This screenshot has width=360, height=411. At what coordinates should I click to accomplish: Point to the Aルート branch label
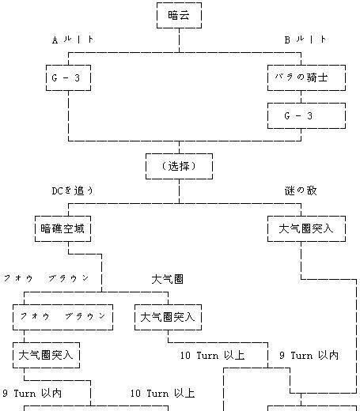(73, 40)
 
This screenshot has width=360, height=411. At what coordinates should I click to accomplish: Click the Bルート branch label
(305, 40)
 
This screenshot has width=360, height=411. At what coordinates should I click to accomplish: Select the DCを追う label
(73, 190)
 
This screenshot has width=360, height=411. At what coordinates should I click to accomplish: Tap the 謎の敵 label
(301, 190)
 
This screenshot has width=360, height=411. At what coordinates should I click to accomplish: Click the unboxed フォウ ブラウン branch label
(47, 278)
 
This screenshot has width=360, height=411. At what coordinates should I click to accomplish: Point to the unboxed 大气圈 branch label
(168, 279)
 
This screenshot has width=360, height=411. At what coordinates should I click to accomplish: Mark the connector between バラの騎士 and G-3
(301, 97)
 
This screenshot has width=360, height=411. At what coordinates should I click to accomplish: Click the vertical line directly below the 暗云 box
(179, 40)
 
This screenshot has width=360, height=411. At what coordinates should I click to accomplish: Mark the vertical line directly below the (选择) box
(179, 191)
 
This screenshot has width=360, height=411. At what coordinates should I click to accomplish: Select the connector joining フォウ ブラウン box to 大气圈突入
(24, 337)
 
